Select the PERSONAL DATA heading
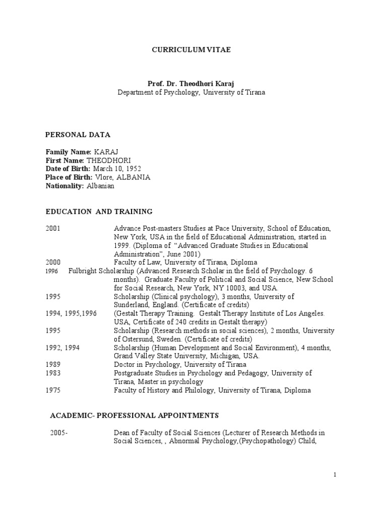(78, 135)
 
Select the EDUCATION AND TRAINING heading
(99, 211)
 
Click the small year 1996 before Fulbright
(52, 271)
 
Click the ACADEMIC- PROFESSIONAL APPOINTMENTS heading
(134, 415)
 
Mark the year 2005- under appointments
(58, 432)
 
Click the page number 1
(334, 475)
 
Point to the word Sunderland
(132, 305)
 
